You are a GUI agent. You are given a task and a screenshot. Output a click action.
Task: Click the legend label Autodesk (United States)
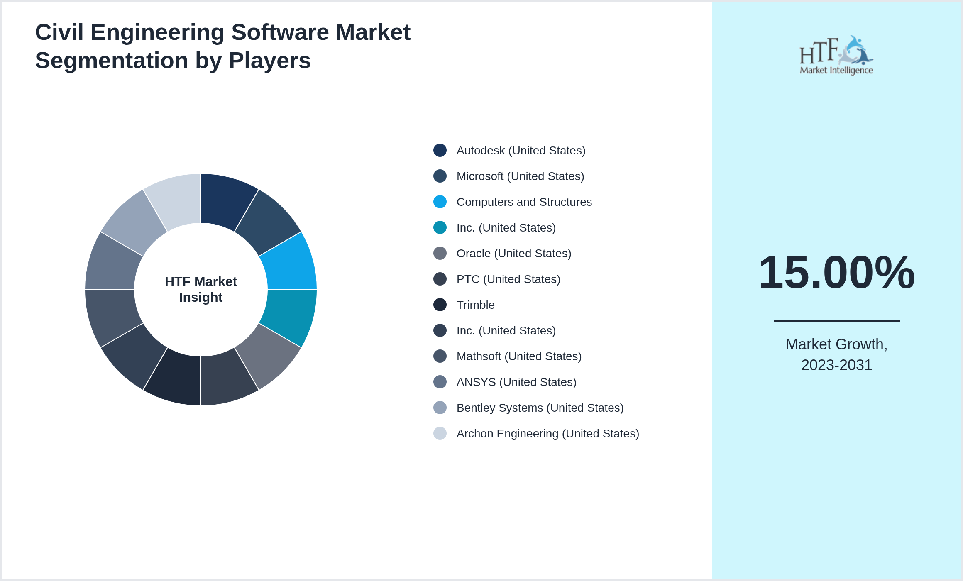(521, 151)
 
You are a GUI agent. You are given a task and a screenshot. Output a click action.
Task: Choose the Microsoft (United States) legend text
(520, 176)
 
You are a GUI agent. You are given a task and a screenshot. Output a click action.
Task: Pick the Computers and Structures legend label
(524, 202)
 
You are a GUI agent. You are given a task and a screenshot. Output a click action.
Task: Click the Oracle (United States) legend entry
(513, 254)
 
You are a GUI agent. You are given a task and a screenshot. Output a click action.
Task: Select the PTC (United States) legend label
(508, 279)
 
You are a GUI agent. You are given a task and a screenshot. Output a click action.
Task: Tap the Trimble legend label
(475, 305)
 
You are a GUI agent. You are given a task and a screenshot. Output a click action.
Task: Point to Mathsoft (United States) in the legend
(518, 356)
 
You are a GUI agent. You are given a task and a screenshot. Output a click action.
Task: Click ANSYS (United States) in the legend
(516, 382)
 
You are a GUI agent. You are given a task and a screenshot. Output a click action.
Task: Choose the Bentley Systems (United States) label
(540, 408)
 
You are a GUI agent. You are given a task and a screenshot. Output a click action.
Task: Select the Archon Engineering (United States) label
(547, 434)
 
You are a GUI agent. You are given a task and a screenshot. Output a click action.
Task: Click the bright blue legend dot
(440, 202)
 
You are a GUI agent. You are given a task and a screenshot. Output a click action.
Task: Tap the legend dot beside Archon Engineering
(440, 434)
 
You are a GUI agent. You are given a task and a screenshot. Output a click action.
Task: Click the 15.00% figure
(836, 273)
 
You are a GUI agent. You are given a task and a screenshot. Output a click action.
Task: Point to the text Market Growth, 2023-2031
(836, 355)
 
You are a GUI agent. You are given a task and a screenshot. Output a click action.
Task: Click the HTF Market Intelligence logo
(836, 55)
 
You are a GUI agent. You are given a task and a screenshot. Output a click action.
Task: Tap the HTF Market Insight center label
(201, 289)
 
